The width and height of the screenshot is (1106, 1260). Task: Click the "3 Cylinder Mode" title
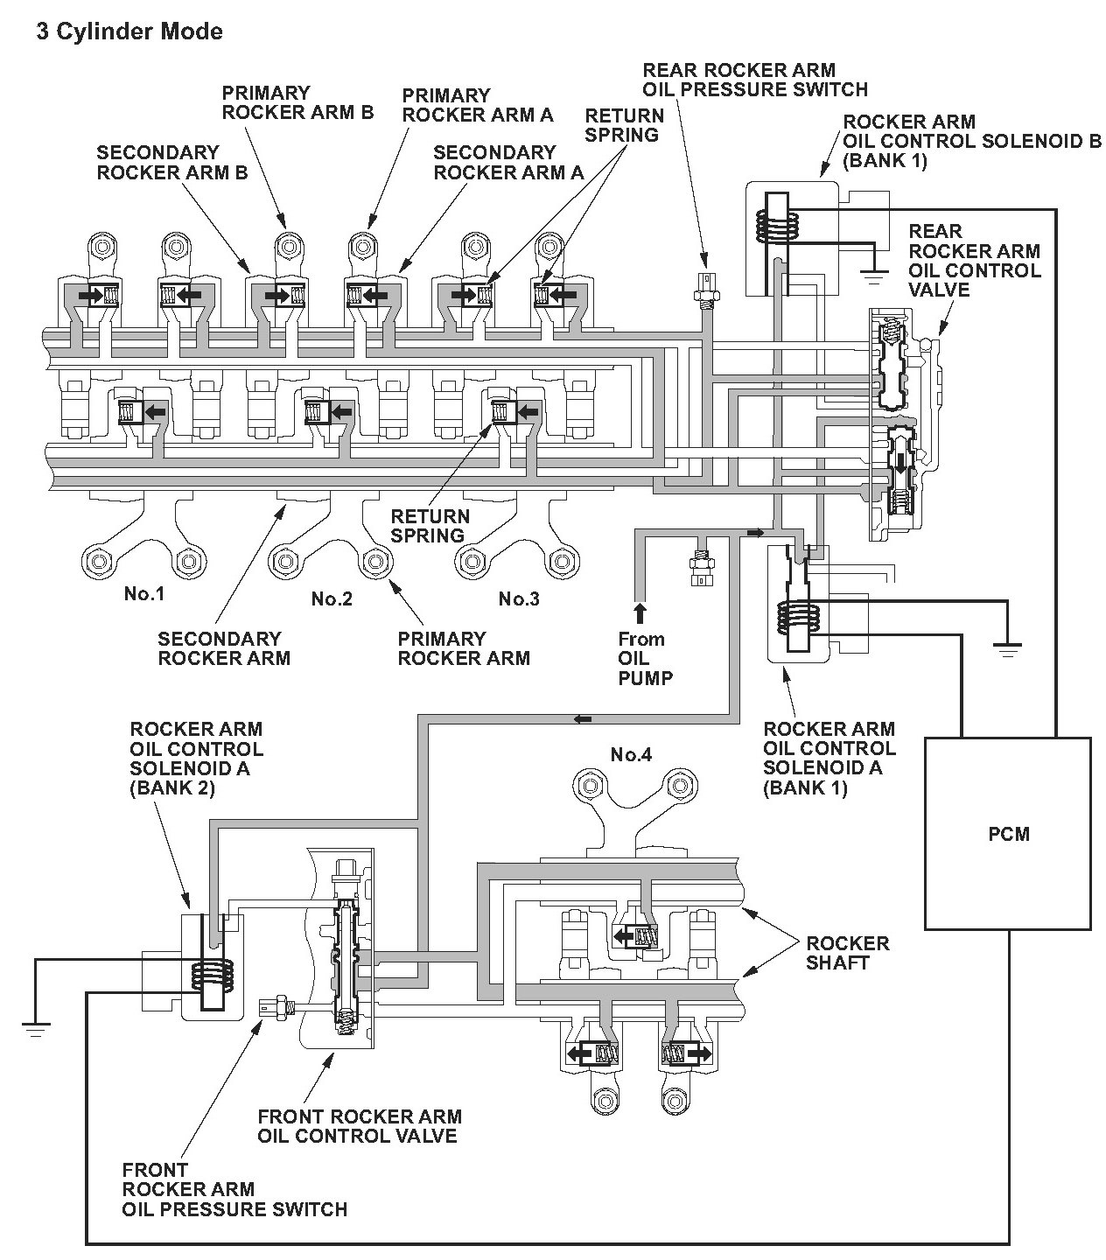129,32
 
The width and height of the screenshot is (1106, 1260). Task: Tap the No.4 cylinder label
632,755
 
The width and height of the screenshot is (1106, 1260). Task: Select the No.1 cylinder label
144,595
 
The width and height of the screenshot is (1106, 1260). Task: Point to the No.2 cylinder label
332,599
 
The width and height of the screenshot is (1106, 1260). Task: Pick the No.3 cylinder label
519,599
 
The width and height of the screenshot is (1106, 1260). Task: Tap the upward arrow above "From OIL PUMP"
640,612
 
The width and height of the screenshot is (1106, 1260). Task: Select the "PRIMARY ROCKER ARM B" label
297,102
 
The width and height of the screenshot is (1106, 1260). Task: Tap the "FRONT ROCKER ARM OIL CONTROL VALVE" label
359,1126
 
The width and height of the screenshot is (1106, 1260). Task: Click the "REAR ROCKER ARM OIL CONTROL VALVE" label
974,260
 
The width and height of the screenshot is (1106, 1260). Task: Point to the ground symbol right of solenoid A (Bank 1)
1008,649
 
